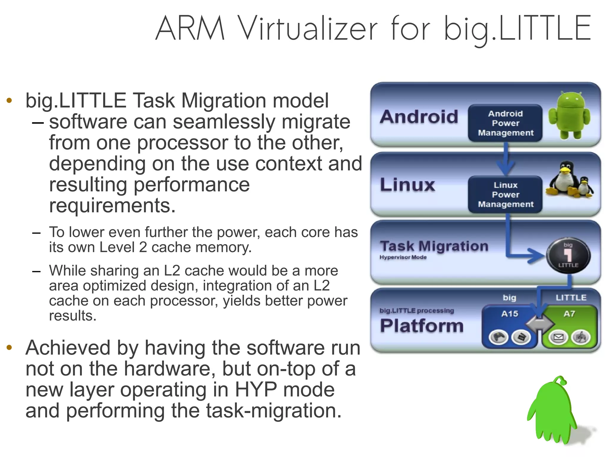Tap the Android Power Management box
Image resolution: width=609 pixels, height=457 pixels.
[x=505, y=123]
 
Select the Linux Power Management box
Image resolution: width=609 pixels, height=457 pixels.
[x=505, y=194]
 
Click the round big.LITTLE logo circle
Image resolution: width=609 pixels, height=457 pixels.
[x=568, y=255]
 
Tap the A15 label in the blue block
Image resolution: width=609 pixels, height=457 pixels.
[x=510, y=313]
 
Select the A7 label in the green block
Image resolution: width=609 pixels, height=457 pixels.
[x=569, y=313]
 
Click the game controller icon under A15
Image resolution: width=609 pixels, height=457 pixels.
[x=499, y=337]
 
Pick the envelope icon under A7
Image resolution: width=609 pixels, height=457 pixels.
[x=558, y=337]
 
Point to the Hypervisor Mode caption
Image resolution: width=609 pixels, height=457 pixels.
[x=403, y=257]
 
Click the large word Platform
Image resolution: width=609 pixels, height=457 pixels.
[x=422, y=326]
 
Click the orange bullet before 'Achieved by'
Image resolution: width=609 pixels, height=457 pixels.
[x=9, y=347]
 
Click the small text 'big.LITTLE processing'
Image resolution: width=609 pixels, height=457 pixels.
[x=417, y=311]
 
